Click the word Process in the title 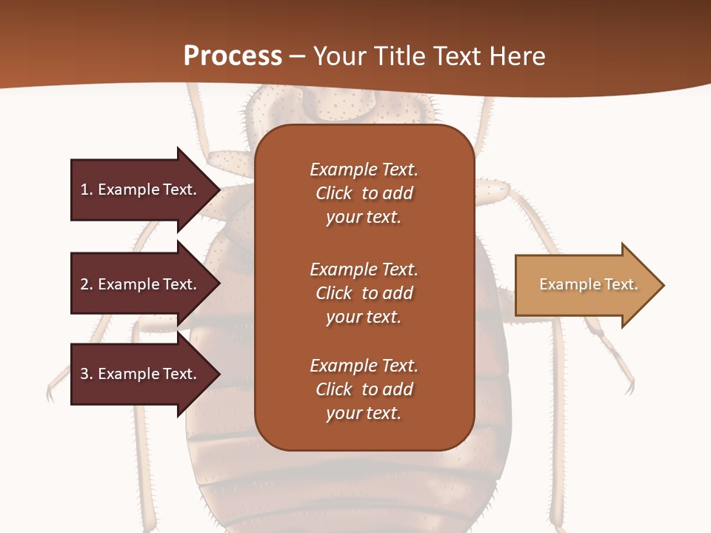[x=233, y=56]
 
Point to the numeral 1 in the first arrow [x=84, y=190]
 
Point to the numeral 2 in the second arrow [x=84, y=284]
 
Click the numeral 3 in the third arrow [x=84, y=374]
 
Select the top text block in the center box [x=364, y=193]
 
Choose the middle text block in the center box [x=364, y=293]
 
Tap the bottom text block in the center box [x=364, y=389]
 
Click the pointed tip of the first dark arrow [x=218, y=190]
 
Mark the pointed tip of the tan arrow [x=663, y=285]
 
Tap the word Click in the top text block [x=334, y=193]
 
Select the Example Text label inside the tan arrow [x=588, y=284]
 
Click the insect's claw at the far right [x=630, y=385]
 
